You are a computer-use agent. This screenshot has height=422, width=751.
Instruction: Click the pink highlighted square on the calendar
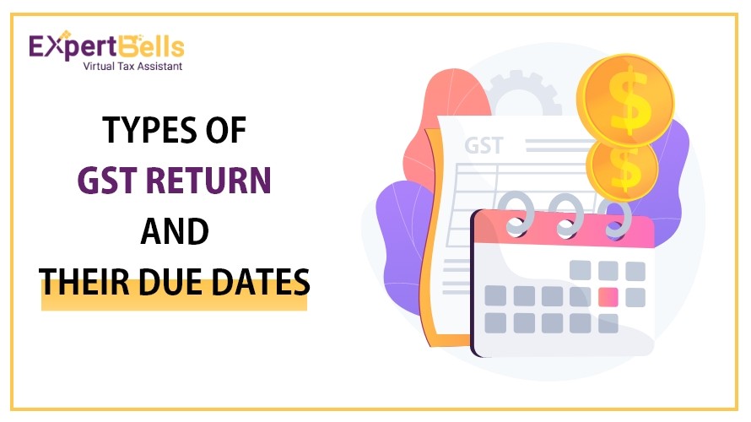608,297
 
